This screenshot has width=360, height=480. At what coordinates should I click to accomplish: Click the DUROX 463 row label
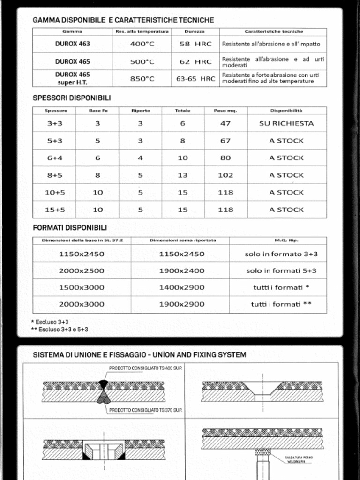point(72,44)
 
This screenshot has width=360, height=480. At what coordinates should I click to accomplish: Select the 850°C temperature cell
point(142,79)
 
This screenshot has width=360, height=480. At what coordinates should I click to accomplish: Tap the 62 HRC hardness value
point(195,61)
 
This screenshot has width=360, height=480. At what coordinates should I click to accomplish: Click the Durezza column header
point(195,31)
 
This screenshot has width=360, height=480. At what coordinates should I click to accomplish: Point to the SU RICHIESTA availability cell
point(286,124)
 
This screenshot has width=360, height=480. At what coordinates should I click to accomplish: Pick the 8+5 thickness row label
point(54,175)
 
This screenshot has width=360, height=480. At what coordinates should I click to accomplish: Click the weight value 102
point(225,175)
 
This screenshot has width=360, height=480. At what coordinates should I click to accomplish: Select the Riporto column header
point(141,111)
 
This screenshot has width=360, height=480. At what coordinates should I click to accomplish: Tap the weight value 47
point(225,124)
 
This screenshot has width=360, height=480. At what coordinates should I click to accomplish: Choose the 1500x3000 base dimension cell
point(82,287)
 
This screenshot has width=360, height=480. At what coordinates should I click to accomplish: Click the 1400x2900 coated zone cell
point(181,287)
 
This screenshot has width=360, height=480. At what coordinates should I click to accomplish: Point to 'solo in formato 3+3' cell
point(281,254)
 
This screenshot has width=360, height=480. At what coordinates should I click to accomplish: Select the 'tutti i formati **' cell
point(281,304)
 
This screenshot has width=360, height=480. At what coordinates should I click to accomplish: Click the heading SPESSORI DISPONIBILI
point(72,98)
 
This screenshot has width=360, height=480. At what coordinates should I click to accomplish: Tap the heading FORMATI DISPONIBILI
point(70,228)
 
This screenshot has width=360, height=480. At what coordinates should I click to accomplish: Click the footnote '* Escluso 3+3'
point(50,322)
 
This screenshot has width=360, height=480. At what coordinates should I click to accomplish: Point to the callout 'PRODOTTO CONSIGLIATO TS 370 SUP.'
point(145,410)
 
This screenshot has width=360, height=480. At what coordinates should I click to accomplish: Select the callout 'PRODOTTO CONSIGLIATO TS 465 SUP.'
point(145,368)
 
